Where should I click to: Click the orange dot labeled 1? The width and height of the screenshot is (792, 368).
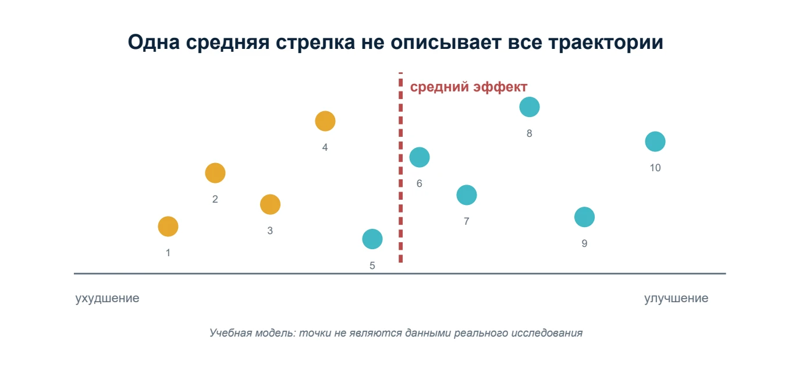[168, 227]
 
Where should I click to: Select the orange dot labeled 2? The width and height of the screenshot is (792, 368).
[215, 173]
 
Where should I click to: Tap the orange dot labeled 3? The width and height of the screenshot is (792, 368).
[270, 204]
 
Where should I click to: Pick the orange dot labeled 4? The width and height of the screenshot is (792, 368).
[325, 121]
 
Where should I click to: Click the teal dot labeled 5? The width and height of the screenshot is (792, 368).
[372, 239]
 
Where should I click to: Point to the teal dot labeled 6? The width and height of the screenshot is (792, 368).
[420, 157]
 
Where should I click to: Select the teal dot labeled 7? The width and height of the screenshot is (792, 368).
[466, 195]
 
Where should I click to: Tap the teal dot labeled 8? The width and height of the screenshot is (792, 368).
[530, 107]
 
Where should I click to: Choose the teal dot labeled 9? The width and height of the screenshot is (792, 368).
[584, 217]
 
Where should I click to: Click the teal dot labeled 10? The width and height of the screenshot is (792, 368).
[655, 141]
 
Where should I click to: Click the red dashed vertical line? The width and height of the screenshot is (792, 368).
[400, 167]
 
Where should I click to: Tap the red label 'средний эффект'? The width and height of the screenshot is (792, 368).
[468, 87]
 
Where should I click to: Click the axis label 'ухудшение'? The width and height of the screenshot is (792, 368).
[107, 298]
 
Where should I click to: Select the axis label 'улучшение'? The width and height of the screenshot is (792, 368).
[676, 298]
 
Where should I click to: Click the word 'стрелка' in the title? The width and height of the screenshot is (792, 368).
[315, 42]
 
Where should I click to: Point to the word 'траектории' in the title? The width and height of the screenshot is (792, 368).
[605, 42]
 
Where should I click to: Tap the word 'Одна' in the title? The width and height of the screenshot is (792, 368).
[154, 42]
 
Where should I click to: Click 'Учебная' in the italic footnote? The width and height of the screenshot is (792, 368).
[230, 333]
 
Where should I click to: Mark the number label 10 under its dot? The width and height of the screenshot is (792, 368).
[655, 168]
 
